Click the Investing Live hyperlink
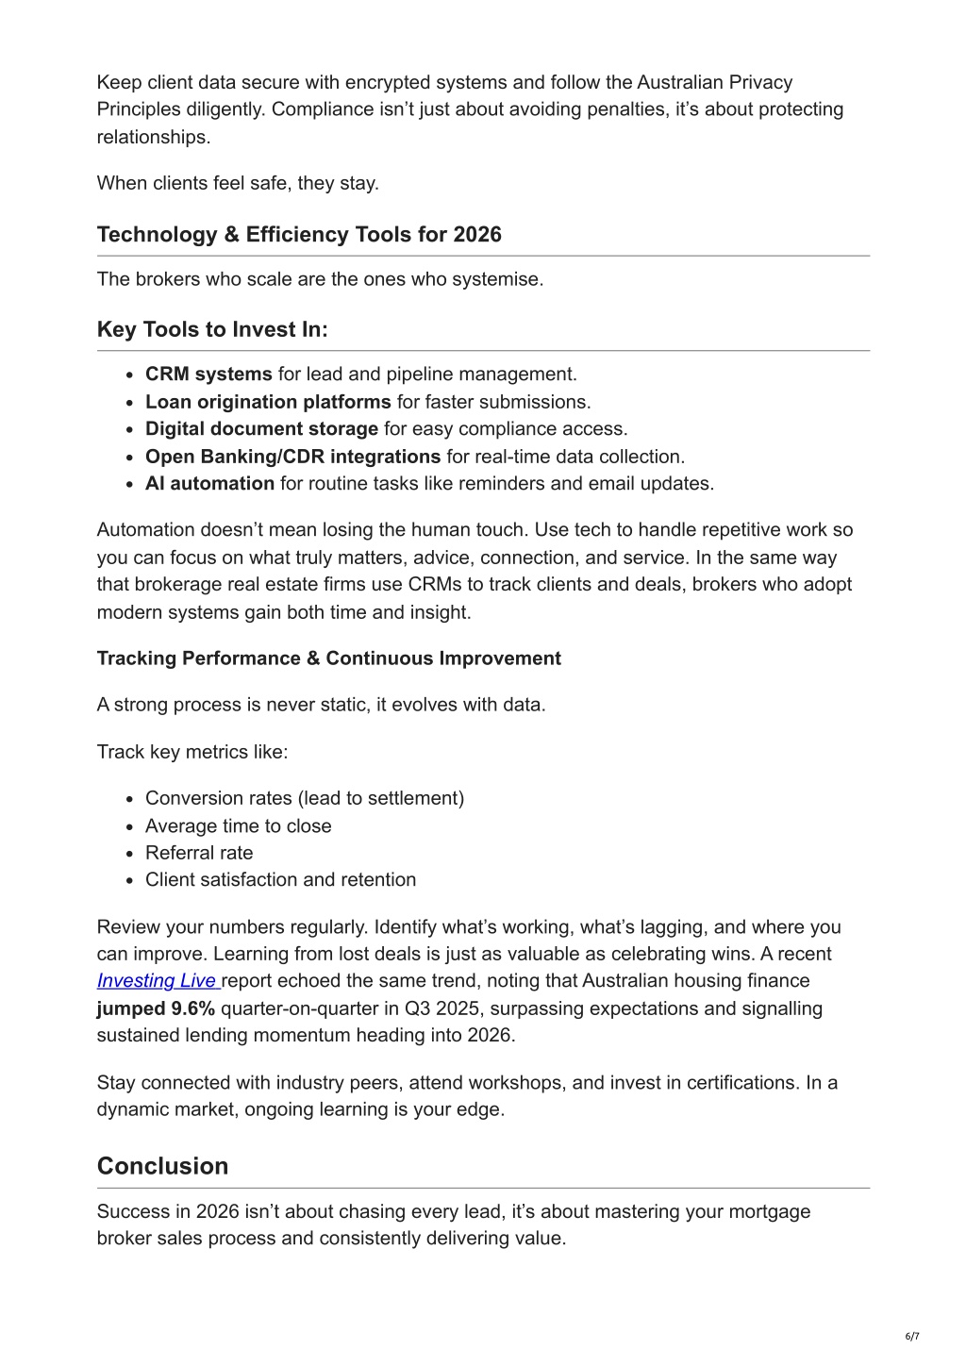tap(157, 981)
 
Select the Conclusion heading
tap(162, 1166)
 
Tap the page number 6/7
tap(911, 1336)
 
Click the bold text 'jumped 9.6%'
tap(156, 1008)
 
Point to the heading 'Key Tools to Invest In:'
tap(212, 329)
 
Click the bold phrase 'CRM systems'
tap(208, 375)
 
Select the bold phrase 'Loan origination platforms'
tap(268, 402)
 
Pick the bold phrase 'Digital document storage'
tap(261, 429)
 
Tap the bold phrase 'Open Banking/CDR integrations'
tap(292, 457)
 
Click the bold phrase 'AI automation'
tap(209, 484)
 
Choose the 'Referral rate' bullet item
tap(199, 853)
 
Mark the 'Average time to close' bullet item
tap(238, 826)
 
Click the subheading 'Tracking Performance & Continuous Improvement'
tap(328, 658)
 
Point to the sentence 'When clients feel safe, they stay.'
tap(238, 183)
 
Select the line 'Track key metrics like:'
tap(192, 752)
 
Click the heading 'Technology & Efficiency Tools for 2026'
tap(299, 235)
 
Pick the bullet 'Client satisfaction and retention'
tap(280, 880)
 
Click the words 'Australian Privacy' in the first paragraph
tap(714, 83)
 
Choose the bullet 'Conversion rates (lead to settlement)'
tap(304, 799)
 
